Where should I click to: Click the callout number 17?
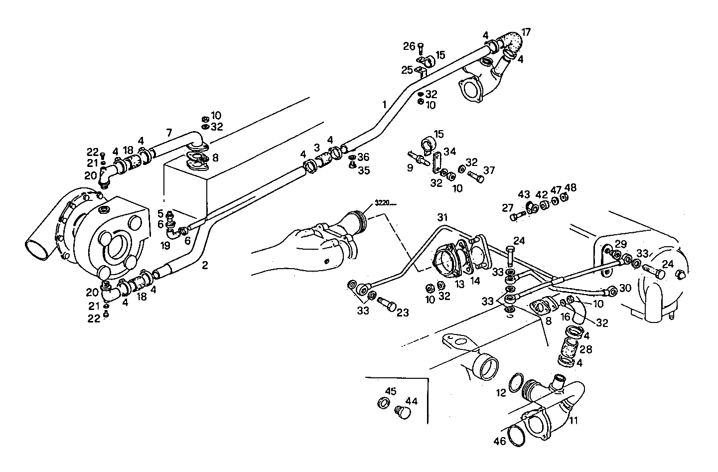tap(526, 32)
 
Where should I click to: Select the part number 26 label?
tap(409, 46)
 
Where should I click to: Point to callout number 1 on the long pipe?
tap(384, 105)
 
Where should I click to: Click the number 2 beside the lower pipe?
tap(205, 265)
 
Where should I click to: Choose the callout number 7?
tap(169, 133)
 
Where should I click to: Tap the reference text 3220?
tap(383, 203)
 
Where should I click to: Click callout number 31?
tap(442, 217)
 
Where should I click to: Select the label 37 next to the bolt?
tap(489, 170)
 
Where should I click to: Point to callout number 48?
tap(571, 188)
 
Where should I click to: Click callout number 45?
tap(391, 391)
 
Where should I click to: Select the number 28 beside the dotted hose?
tap(585, 349)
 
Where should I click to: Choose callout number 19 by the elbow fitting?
tap(165, 245)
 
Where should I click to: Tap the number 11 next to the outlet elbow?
tap(574, 420)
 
